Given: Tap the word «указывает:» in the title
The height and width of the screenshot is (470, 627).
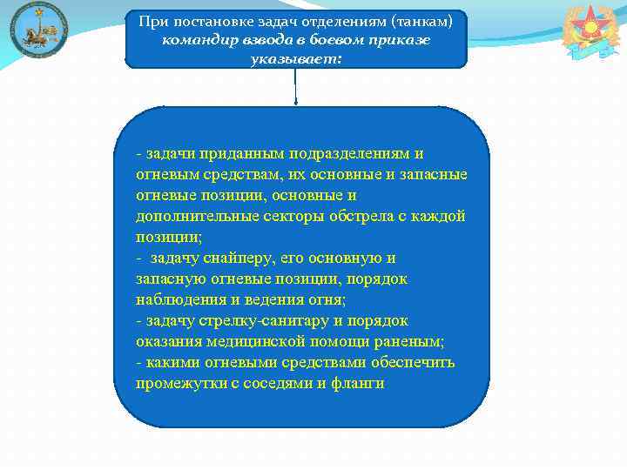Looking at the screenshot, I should (296, 58).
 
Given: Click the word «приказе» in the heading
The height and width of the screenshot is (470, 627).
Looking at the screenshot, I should (402, 40).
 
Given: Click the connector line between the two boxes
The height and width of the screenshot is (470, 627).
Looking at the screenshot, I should (296, 87).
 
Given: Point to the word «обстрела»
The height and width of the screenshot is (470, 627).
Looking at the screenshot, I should (359, 216).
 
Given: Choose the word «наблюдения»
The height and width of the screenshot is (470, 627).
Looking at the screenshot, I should (175, 300).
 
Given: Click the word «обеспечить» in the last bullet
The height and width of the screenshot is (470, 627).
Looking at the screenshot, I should (413, 363).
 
